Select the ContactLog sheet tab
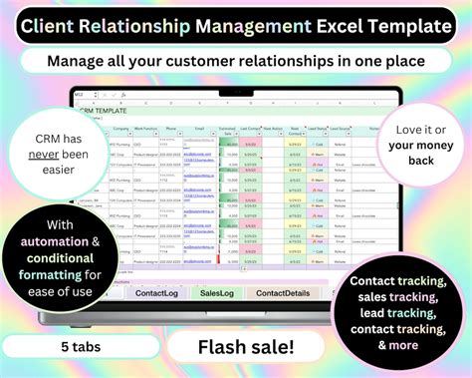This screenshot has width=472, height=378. [x=156, y=293]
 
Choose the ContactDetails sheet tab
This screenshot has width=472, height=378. [x=285, y=293]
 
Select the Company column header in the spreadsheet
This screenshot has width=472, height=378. [x=121, y=129]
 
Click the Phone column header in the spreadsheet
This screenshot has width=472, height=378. [x=170, y=129]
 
